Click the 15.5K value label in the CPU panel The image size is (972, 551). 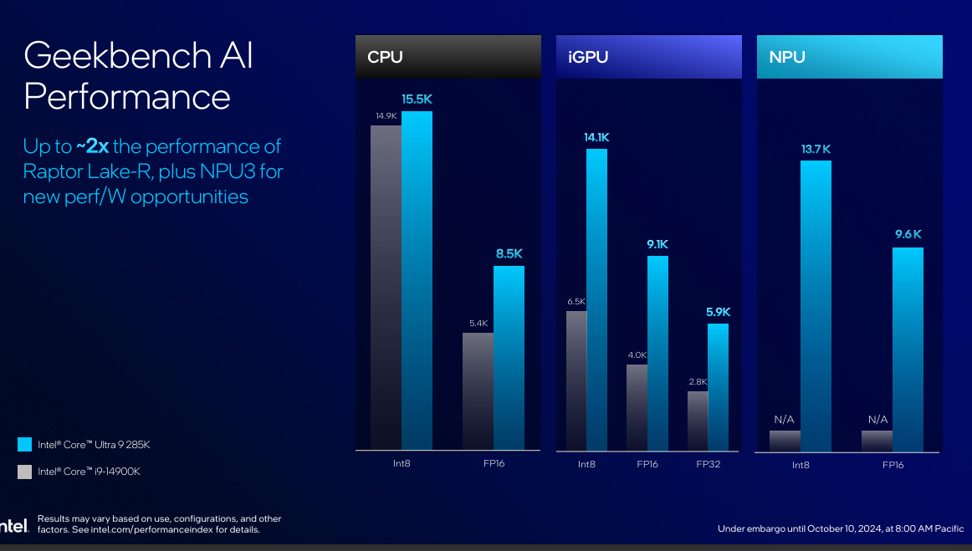pyautogui.click(x=417, y=99)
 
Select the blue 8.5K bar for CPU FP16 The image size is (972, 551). pyautogui.click(x=509, y=357)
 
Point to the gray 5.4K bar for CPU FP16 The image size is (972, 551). pyautogui.click(x=478, y=390)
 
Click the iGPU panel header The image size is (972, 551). pyautogui.click(x=648, y=57)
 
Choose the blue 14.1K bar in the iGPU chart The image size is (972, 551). pyautogui.click(x=596, y=298)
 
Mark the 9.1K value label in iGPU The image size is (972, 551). pyautogui.click(x=657, y=245)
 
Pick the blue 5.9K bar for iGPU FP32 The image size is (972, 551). pyautogui.click(x=718, y=385)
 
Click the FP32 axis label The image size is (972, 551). pyautogui.click(x=709, y=463)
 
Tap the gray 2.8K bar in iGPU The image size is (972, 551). pyautogui.click(x=698, y=420)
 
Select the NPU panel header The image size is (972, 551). pyautogui.click(x=849, y=57)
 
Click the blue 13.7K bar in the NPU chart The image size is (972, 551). pyautogui.click(x=816, y=305)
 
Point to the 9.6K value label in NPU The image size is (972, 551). pyautogui.click(x=908, y=235)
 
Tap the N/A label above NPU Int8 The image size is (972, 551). pyautogui.click(x=785, y=419)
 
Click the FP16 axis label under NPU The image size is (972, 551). pyautogui.click(x=893, y=464)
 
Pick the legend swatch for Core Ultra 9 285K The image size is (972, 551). pyautogui.click(x=24, y=444)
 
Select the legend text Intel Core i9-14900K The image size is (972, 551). pyautogui.click(x=89, y=472)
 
